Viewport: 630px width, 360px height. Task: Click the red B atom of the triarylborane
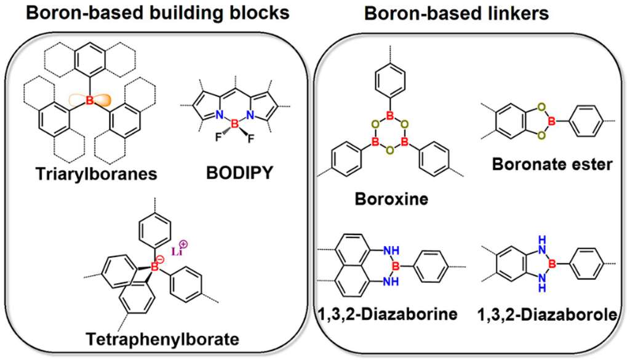89,99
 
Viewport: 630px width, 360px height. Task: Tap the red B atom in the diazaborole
552,265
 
